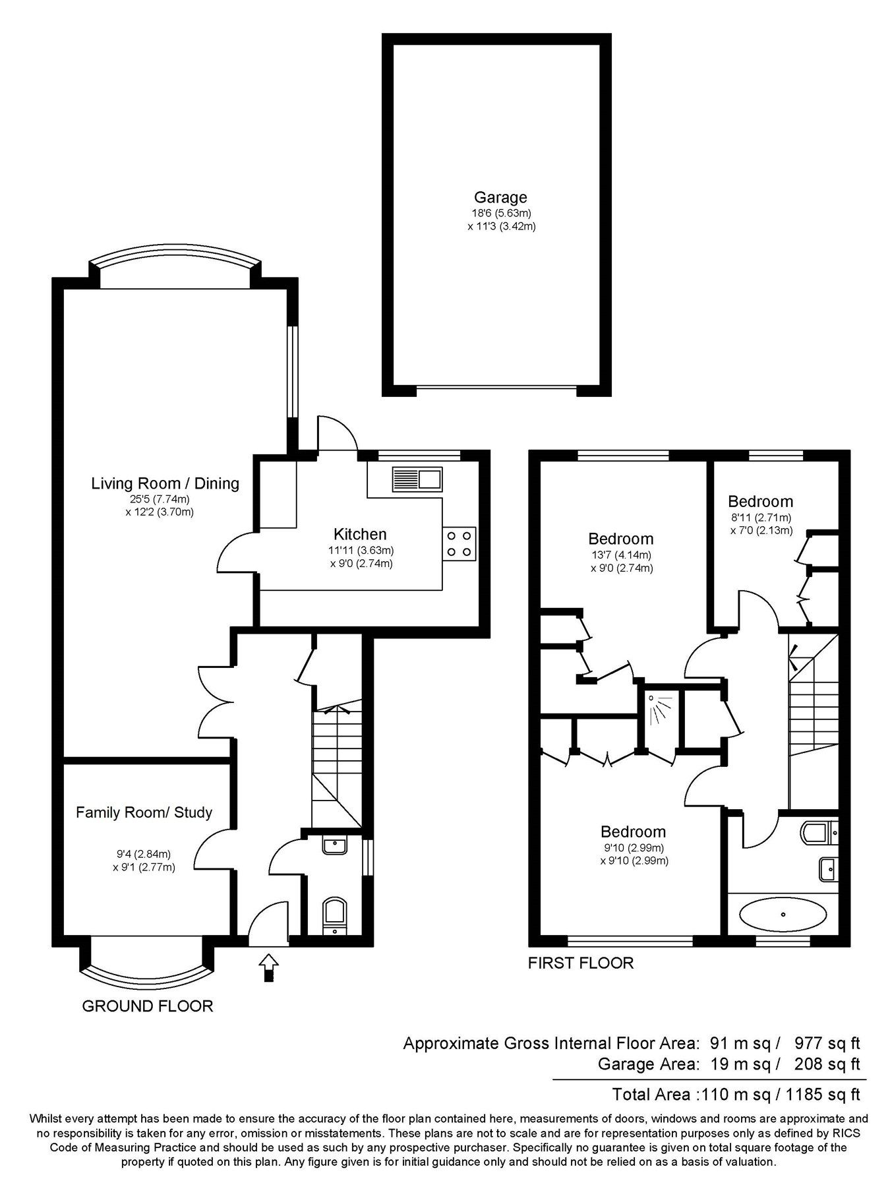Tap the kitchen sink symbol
pos(417,479)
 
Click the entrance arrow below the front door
pos(268,967)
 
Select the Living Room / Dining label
pos(165,483)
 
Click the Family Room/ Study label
pos(144,812)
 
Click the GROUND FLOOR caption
pos(148,1006)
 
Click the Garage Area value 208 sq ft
pos(828,1064)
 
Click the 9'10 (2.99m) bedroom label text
pos(633,847)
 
